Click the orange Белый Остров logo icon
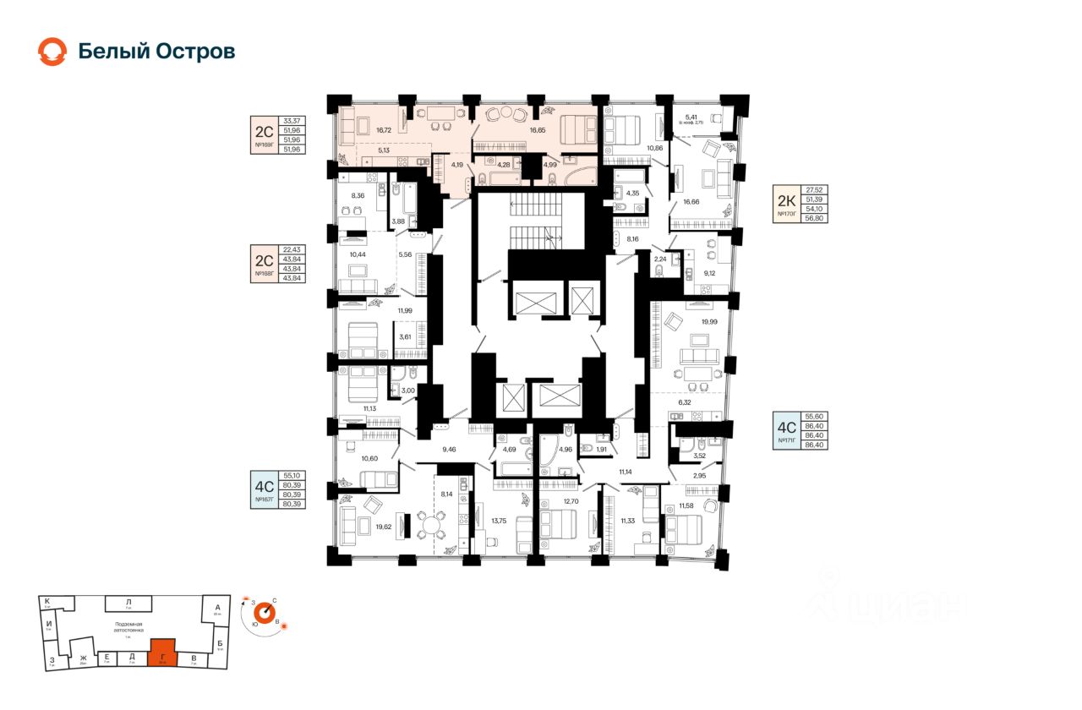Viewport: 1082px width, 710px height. pyautogui.click(x=52, y=52)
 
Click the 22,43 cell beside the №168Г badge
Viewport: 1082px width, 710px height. pyautogui.click(x=293, y=250)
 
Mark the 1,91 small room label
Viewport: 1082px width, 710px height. pyautogui.click(x=601, y=449)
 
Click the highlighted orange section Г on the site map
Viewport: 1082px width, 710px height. pyautogui.click(x=162, y=653)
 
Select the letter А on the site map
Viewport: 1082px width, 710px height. pyautogui.click(x=217, y=608)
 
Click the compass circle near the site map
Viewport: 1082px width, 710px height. pyautogui.click(x=263, y=611)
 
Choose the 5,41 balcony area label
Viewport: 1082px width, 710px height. pyautogui.click(x=691, y=117)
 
